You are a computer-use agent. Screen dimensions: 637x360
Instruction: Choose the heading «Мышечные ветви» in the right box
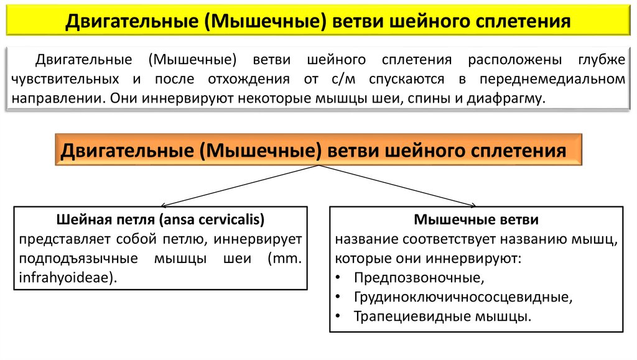click(x=476, y=219)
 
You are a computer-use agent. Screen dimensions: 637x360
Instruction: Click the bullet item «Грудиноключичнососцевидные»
click(x=462, y=297)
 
